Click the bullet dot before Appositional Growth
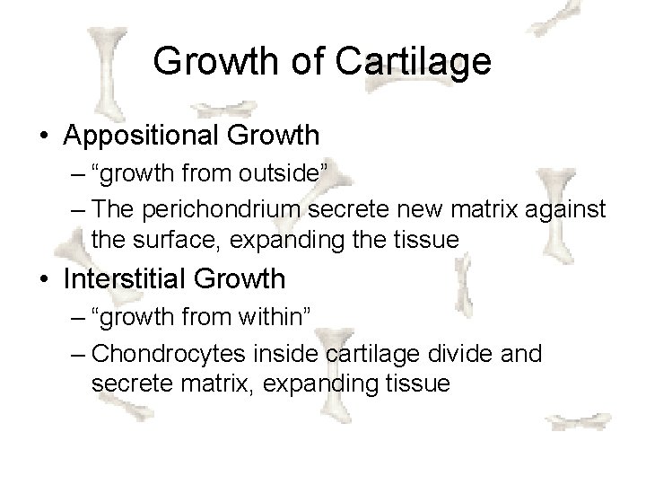(x=44, y=137)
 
